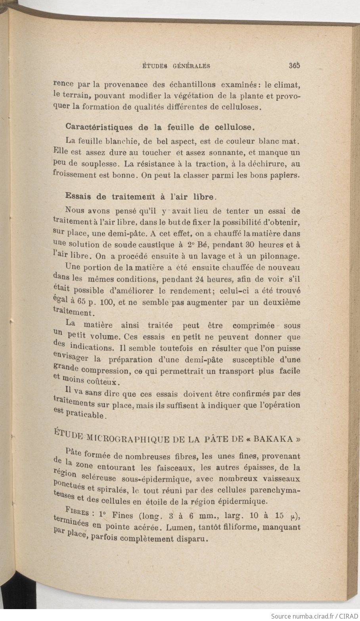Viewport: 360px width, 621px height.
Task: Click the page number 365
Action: tap(294, 66)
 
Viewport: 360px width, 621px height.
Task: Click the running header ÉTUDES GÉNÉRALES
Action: tap(176, 66)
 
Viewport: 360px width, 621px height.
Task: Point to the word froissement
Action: tap(75, 174)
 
